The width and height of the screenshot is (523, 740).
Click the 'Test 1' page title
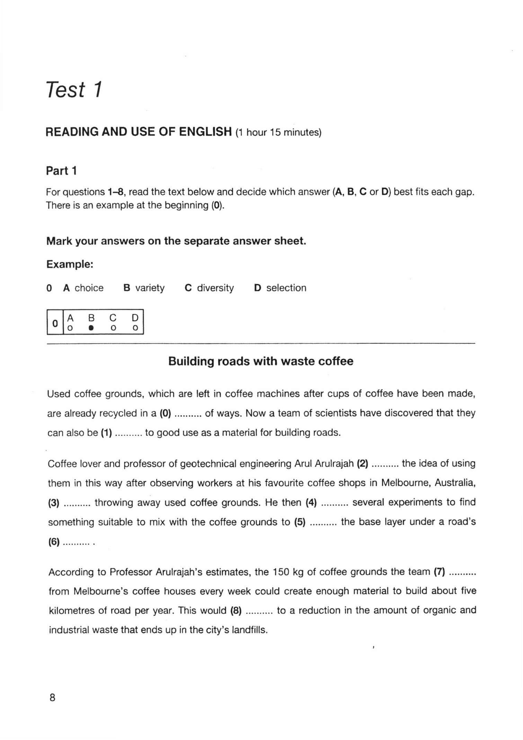coord(74,89)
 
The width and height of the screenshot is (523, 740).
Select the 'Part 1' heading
coord(61,171)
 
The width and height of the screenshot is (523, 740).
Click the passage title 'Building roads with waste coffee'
coord(261,361)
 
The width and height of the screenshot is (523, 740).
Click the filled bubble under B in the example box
coord(91,328)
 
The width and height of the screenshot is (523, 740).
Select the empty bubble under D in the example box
coord(135,328)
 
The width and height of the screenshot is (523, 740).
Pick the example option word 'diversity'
coord(215,288)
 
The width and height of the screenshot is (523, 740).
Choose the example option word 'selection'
coord(286,288)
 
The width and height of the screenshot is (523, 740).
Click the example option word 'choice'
coord(89,288)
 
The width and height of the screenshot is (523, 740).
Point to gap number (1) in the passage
coord(106,433)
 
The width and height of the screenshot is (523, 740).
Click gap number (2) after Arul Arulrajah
coord(362,463)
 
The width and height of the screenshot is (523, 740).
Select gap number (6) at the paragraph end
coord(54,542)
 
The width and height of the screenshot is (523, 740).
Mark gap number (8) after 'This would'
coord(236,610)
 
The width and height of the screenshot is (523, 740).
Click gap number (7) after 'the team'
coord(440,572)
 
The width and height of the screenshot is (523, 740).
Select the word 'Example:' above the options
coord(70,264)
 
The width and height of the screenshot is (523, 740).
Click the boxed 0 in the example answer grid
coord(55,323)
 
